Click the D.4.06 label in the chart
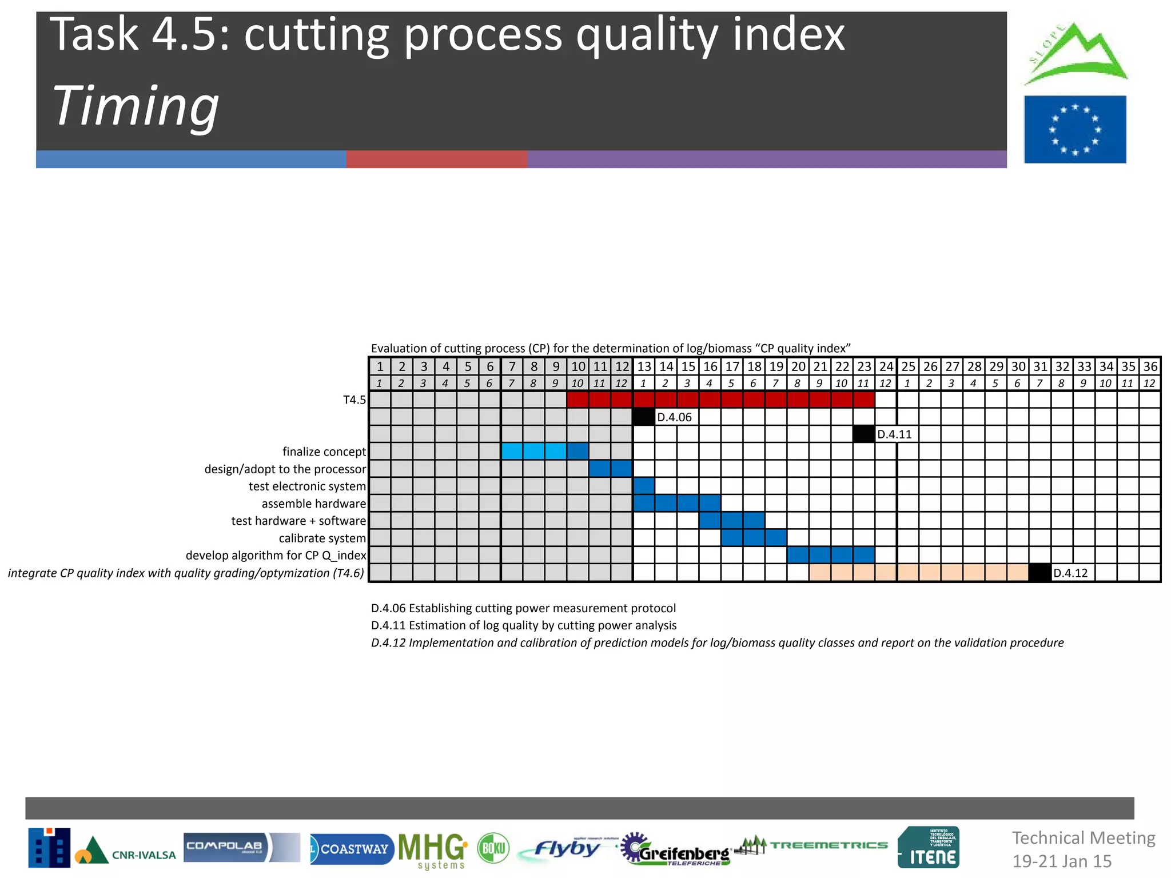tap(674, 417)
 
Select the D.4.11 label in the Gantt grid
tap(894, 434)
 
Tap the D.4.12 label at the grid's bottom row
tap(1070, 573)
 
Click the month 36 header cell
tap(1150, 366)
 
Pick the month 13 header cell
tap(644, 366)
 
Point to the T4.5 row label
tap(355, 400)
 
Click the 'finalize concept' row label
tap(324, 452)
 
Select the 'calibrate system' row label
tap(322, 538)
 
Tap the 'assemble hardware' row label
tap(313, 504)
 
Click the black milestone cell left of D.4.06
tap(644, 417)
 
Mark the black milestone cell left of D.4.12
tap(1039, 573)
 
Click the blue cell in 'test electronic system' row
tap(644, 486)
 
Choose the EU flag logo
tap(1075, 129)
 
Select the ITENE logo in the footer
tap(929, 848)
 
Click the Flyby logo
tap(566, 849)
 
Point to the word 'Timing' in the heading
tap(136, 106)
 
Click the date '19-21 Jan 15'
tap(1062, 861)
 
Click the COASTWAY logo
tap(352, 849)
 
